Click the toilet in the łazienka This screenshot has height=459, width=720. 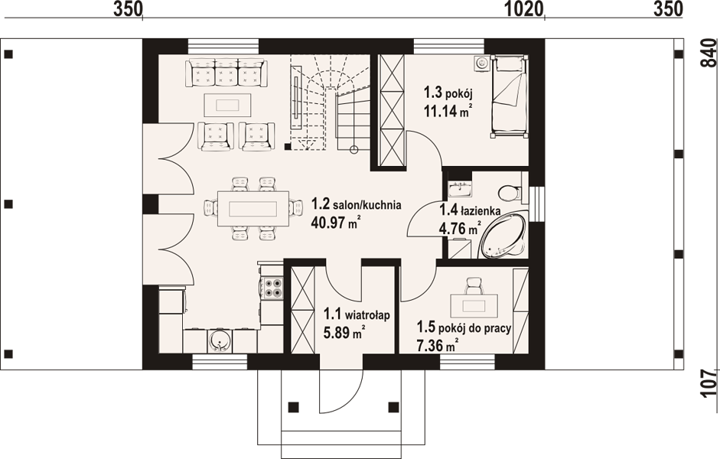click(x=510, y=193)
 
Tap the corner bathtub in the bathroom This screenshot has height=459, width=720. click(x=503, y=236)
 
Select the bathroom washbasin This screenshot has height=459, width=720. click(x=458, y=187)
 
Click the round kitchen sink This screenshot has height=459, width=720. click(x=220, y=341)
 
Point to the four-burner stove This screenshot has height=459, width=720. click(x=272, y=288)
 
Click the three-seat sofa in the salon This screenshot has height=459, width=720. click(x=226, y=73)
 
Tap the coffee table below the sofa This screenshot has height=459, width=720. click(x=228, y=105)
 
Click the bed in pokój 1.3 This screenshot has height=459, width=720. click(x=509, y=96)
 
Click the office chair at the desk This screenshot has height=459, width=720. click(x=474, y=285)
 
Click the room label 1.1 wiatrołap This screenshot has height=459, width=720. click(x=357, y=315)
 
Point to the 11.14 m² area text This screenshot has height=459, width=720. click(x=448, y=111)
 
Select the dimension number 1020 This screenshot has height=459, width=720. click(x=524, y=9)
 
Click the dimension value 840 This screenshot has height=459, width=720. click(x=709, y=54)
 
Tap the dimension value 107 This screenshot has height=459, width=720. click(x=709, y=382)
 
